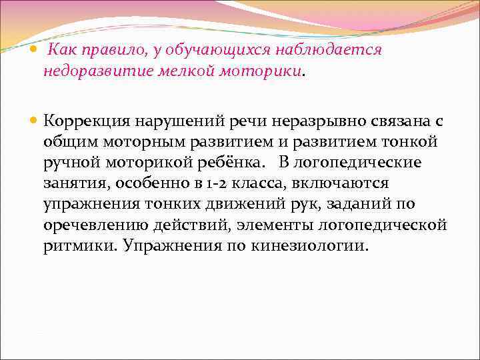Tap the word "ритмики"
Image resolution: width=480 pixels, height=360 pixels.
[74, 245]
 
